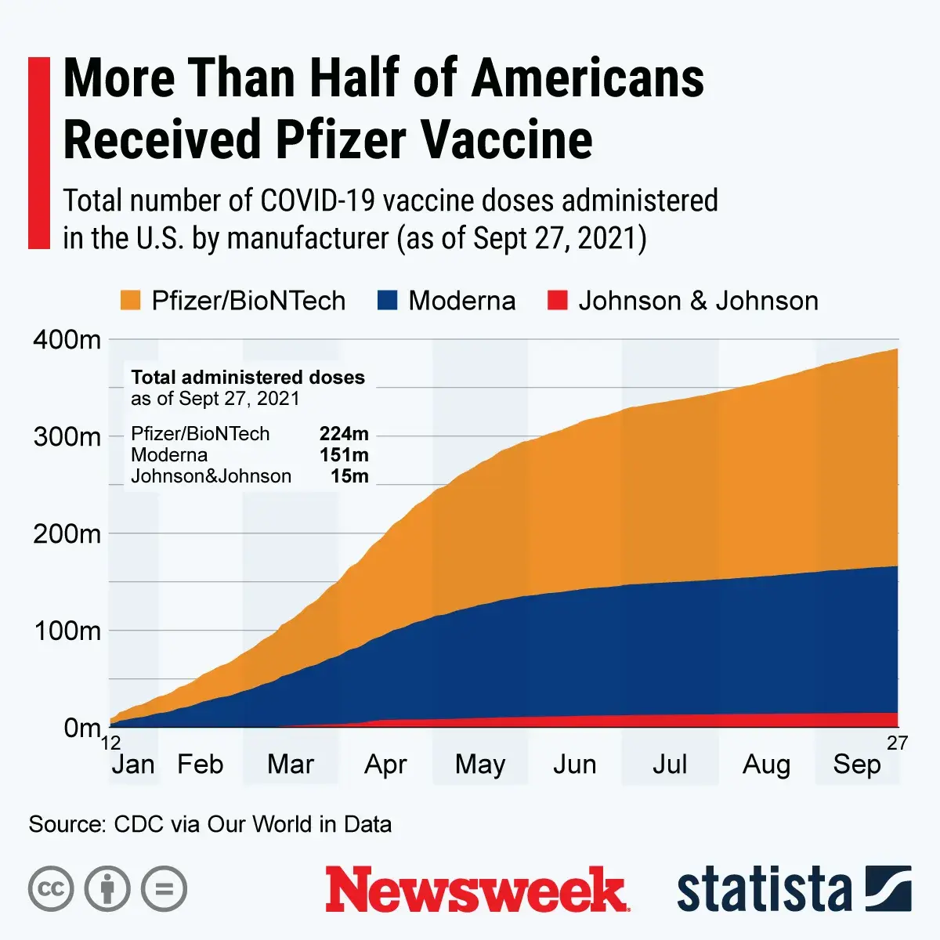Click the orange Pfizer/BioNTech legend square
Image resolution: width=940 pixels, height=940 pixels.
click(130, 301)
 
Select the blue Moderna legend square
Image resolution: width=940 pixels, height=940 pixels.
click(387, 301)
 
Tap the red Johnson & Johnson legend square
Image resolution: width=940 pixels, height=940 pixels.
click(557, 301)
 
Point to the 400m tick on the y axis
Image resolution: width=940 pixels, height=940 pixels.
click(67, 340)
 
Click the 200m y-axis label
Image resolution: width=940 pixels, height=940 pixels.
click(67, 534)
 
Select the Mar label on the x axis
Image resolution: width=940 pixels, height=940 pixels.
click(291, 765)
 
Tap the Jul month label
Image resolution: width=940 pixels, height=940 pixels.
click(670, 765)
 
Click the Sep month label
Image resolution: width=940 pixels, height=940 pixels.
click(857, 765)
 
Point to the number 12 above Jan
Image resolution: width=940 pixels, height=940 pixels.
click(110, 743)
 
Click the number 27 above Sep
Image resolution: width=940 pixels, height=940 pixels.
click(897, 743)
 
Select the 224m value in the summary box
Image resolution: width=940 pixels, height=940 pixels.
click(344, 434)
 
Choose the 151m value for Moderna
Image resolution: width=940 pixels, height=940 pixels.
click(344, 455)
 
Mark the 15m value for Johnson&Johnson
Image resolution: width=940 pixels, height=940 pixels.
click(349, 476)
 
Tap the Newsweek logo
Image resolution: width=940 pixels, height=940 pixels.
click(476, 890)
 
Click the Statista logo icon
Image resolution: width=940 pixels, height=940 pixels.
click(888, 889)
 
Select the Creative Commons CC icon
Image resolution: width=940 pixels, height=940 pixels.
click(51, 889)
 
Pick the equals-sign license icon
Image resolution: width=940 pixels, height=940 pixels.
click(164, 889)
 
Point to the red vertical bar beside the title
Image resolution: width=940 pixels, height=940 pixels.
click(38, 153)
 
